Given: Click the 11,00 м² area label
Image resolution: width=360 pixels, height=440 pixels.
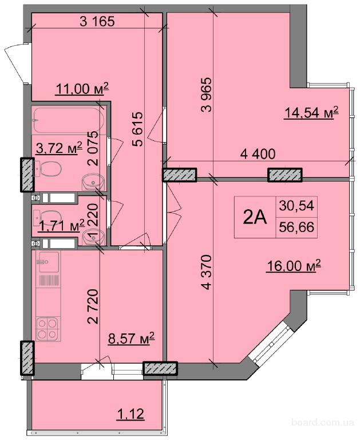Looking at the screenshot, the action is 82,89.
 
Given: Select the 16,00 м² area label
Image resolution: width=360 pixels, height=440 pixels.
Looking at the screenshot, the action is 294,266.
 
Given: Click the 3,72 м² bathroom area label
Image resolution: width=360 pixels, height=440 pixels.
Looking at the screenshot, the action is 59,148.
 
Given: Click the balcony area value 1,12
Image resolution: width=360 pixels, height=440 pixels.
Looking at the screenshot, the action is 130,414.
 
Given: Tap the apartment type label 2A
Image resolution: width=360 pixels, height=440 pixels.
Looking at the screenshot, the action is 255,218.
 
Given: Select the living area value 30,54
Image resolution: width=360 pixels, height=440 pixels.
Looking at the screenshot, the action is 296,206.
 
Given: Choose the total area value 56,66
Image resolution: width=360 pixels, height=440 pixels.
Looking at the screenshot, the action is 296,227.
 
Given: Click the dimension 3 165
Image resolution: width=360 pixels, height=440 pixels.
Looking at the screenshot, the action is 97,21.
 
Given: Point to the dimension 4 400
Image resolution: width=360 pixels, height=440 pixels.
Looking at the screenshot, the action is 258,154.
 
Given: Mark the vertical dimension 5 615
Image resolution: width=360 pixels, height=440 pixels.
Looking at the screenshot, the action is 138,129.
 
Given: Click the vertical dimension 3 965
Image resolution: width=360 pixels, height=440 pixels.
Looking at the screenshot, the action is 207,95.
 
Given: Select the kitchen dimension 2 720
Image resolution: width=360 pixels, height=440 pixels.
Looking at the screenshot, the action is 93,307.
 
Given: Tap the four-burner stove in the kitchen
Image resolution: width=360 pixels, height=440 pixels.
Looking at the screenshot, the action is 47,329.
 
